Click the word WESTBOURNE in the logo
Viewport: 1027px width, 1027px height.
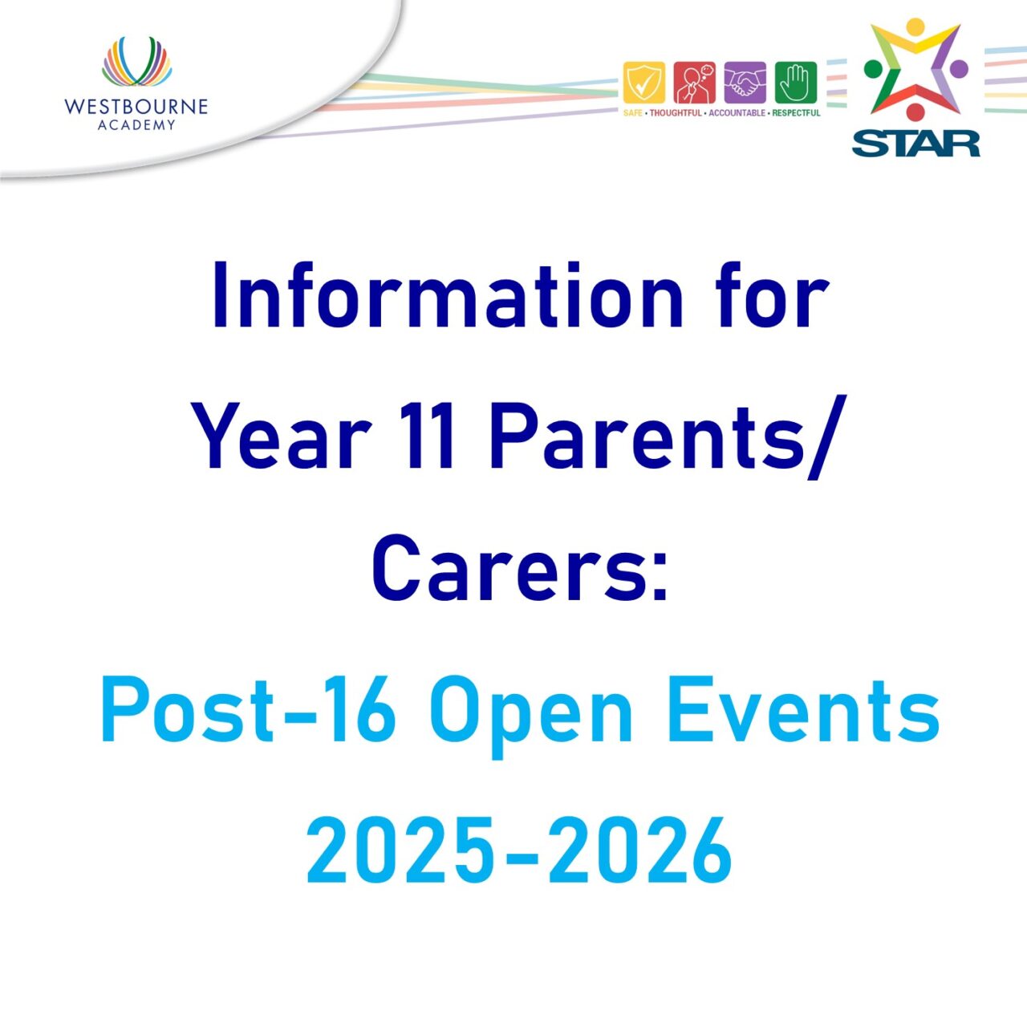click(x=136, y=107)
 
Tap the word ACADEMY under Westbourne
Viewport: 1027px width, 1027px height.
click(x=136, y=125)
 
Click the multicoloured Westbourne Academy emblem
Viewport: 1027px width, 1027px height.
click(x=136, y=61)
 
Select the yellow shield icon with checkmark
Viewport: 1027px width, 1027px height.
click(x=643, y=83)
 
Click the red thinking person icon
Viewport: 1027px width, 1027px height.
click(x=695, y=83)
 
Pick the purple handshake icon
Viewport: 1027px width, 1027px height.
click(x=745, y=83)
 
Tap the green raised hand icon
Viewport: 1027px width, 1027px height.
click(x=796, y=83)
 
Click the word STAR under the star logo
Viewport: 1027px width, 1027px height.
click(x=915, y=144)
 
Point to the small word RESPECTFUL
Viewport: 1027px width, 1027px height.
click(x=796, y=113)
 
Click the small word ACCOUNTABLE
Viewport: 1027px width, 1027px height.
click(x=737, y=113)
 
